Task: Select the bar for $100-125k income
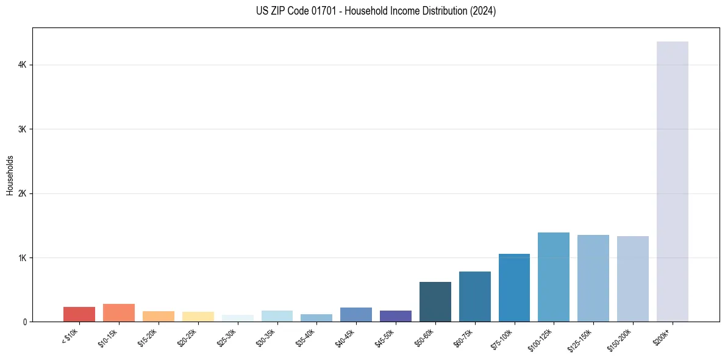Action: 554,277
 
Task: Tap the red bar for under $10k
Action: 79,314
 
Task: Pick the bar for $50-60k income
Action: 435,301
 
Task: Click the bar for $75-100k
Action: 514,287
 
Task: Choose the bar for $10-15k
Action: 119,312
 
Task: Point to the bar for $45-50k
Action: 396,316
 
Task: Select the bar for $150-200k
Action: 633,279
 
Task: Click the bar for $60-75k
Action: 475,297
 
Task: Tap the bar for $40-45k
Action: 356,314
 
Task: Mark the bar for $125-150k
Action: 593,278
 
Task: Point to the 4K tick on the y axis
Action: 22,65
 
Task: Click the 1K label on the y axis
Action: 22,257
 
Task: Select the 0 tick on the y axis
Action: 24,322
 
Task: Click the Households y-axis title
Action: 10,175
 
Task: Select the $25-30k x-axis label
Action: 227,339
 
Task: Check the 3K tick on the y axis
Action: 22,129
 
